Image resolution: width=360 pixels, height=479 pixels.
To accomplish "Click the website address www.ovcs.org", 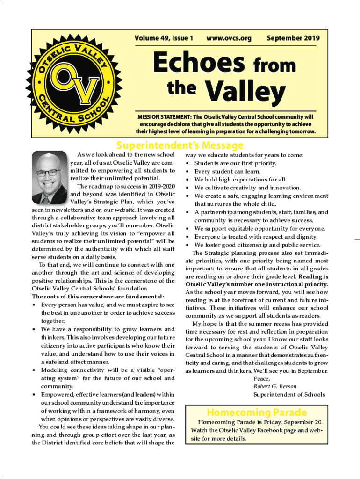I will pos(229,38).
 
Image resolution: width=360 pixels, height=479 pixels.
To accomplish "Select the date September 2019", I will pos(290,38).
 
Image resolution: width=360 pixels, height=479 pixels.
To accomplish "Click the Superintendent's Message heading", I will pos(180,145).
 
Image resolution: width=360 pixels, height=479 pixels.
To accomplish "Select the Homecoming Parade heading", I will pos(257,412).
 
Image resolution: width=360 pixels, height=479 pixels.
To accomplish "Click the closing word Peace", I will pos(262,378).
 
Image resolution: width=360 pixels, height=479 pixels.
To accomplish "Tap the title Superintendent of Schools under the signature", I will pos(289,395).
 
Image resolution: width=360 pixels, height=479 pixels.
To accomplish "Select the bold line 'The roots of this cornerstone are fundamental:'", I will pos(98,297).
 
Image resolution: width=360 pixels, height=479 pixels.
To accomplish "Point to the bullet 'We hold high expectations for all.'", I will pos(240,180).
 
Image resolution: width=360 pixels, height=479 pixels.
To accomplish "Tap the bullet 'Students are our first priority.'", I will pos(235,163).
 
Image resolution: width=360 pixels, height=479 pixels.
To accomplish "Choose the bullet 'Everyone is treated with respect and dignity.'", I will pos(256,237).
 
